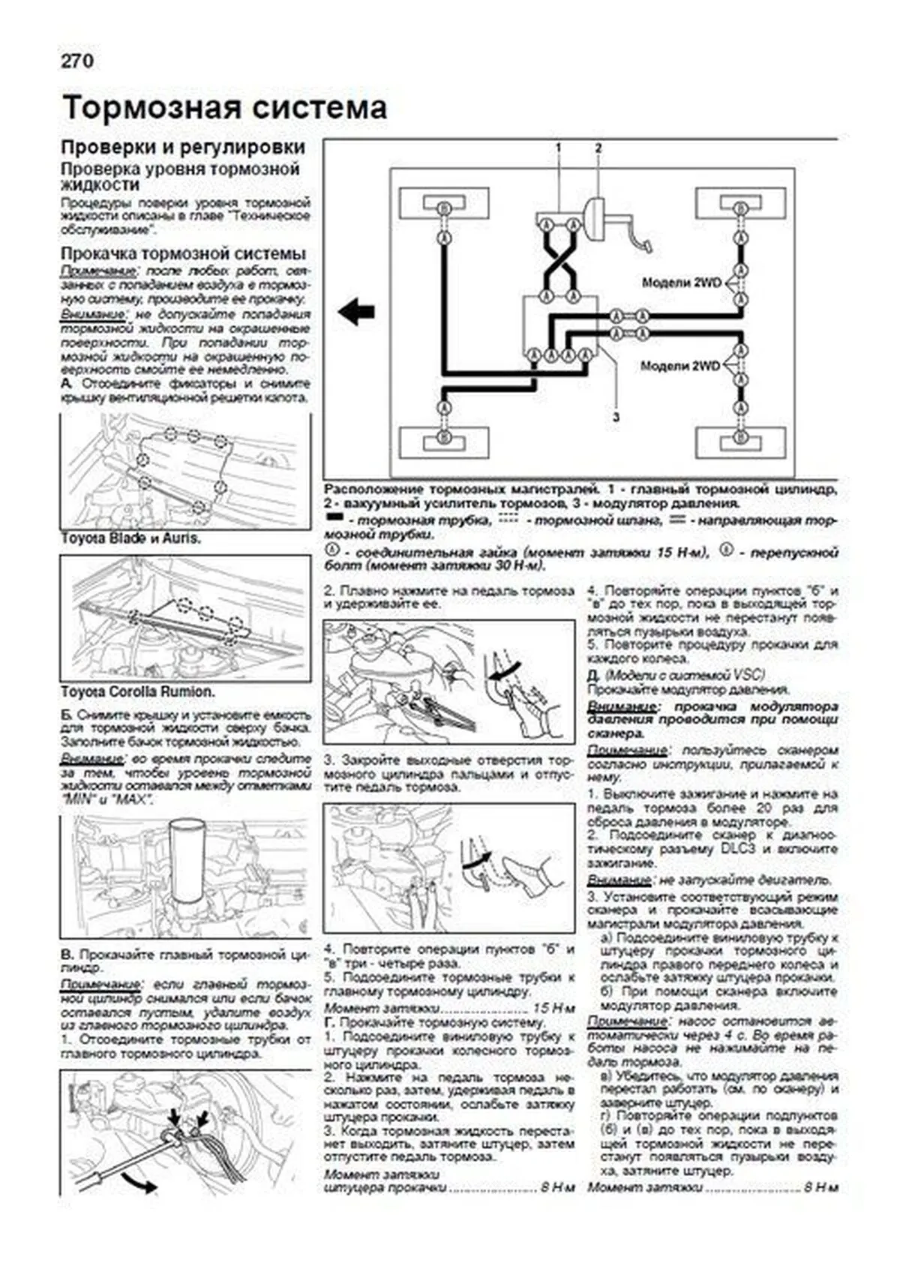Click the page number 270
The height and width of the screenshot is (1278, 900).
click(77, 61)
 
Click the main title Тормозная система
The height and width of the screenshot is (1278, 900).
click(224, 108)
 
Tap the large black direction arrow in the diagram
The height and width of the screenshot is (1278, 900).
click(356, 310)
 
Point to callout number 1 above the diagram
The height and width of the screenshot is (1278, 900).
click(559, 148)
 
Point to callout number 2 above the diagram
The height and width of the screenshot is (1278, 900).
click(598, 148)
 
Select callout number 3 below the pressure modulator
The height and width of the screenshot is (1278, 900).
click(616, 417)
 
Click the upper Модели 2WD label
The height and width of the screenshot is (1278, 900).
click(681, 283)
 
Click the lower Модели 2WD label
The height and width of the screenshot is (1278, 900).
click(680, 366)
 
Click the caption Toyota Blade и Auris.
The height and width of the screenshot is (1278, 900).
click(130, 538)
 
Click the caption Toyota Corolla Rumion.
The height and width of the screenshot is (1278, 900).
click(137, 692)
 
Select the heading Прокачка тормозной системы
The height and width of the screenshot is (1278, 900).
click(183, 253)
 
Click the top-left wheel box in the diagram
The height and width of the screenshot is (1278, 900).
click(444, 207)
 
